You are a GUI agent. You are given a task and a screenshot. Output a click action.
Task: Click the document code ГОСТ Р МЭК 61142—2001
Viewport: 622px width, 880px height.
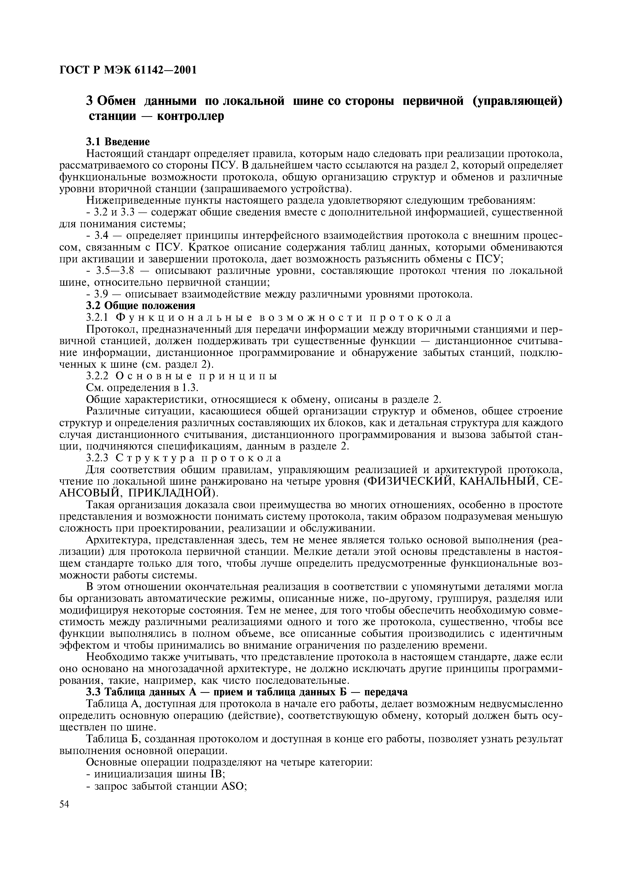(128, 70)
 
